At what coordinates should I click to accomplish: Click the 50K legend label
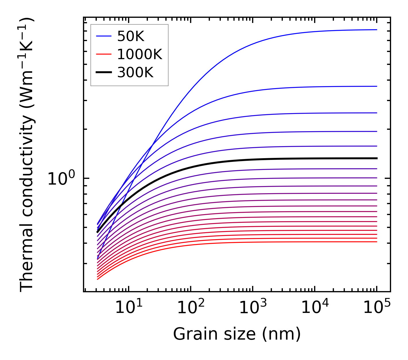(x=131, y=36)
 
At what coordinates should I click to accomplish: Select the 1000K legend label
(x=140, y=54)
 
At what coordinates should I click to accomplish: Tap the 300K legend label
(x=135, y=73)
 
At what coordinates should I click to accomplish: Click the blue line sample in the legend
(x=103, y=36)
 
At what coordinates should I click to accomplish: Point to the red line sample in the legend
(x=103, y=54)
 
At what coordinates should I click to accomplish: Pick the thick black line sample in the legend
(x=103, y=73)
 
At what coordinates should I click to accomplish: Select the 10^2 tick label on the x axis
(x=191, y=308)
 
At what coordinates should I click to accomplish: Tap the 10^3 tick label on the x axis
(x=253, y=308)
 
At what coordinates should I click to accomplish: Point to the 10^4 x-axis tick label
(x=315, y=308)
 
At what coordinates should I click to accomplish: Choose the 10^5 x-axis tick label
(x=377, y=308)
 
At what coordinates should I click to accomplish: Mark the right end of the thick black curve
(x=377, y=158)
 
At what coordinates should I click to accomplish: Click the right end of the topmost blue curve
(x=377, y=30)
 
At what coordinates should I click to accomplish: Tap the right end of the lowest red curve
(x=377, y=242)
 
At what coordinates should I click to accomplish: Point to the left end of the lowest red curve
(x=98, y=279)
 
